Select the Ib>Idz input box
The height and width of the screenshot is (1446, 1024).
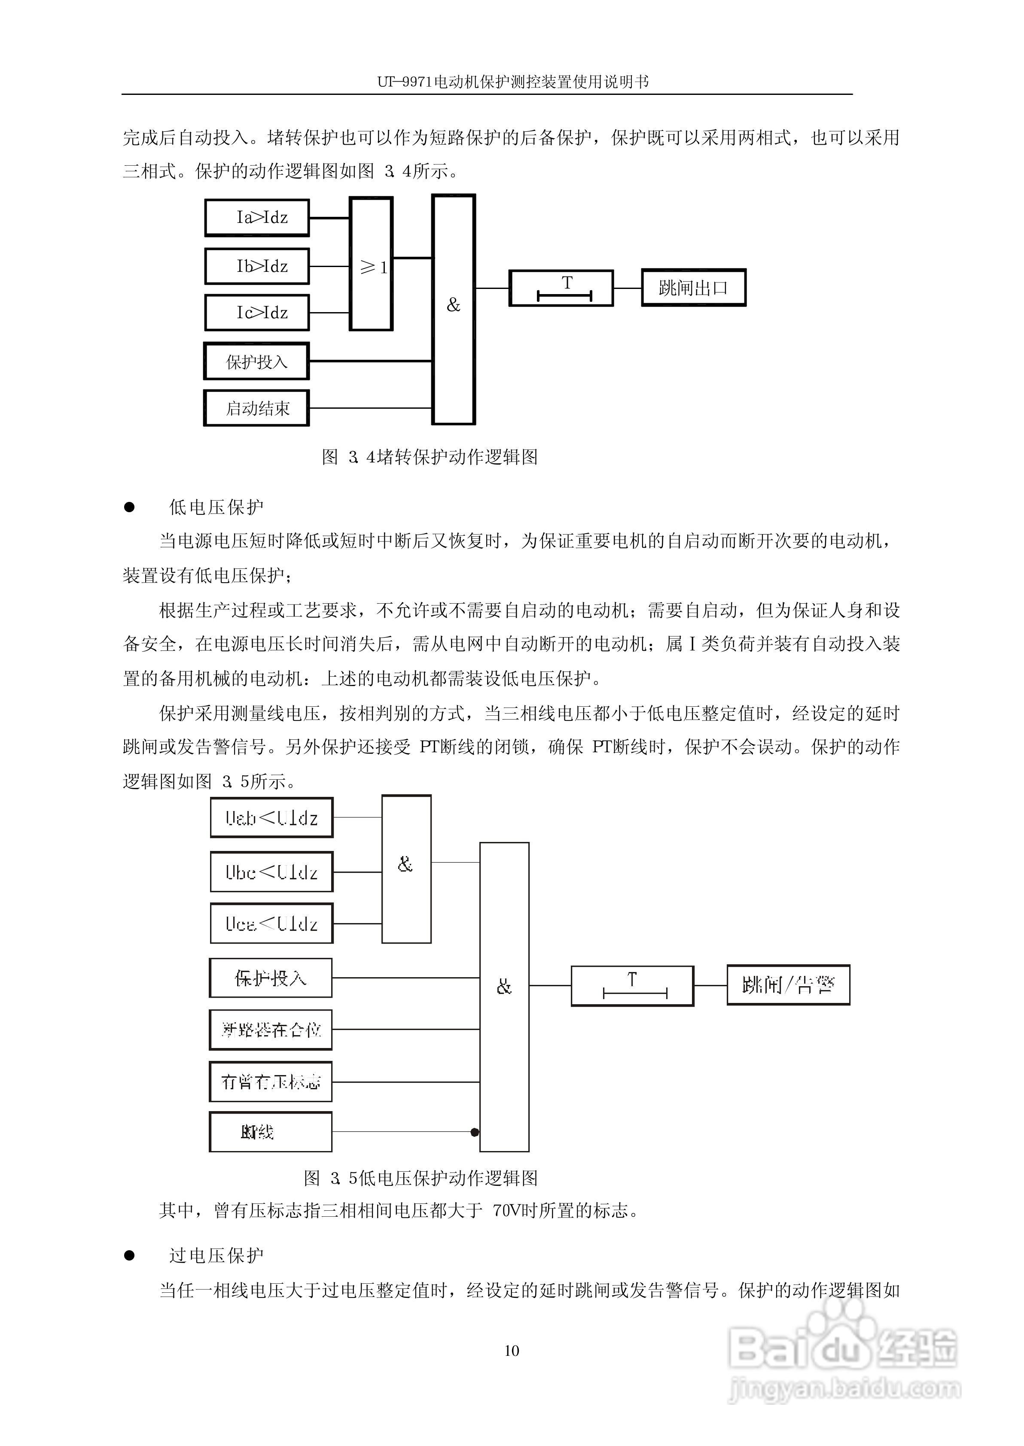point(256,266)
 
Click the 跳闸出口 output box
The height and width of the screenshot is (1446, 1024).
point(694,288)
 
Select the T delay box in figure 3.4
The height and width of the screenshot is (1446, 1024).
point(561,288)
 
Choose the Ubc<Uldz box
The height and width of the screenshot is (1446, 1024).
point(271,872)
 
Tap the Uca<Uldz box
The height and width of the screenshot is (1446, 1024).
point(271,923)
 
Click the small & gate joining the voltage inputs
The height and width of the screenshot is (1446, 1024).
point(406,869)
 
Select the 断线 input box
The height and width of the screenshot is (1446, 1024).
point(271,1132)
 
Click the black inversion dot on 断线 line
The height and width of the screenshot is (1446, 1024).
point(475,1132)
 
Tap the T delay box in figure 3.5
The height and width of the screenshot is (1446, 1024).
point(632,985)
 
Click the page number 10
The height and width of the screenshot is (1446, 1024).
point(512,1350)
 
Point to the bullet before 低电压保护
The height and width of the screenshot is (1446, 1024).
point(129,507)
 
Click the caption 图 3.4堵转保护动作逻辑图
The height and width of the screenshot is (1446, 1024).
point(430,457)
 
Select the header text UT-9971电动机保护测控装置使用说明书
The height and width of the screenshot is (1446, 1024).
point(512,82)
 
